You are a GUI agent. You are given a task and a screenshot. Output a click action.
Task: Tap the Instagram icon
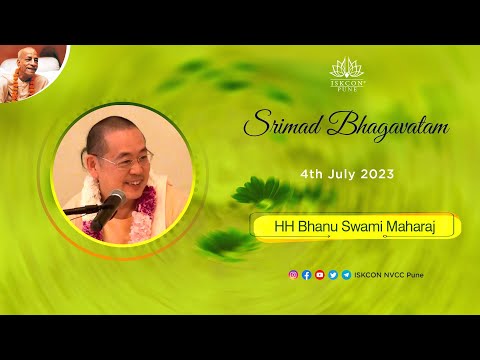[293, 275]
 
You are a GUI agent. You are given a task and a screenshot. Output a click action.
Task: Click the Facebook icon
[306, 275]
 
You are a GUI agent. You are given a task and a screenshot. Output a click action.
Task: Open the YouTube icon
[319, 275]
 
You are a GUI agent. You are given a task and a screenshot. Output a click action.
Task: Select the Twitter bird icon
[332, 275]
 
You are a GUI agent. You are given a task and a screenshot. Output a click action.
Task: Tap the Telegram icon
[345, 275]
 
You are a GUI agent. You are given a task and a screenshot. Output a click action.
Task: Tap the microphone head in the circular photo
[113, 200]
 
